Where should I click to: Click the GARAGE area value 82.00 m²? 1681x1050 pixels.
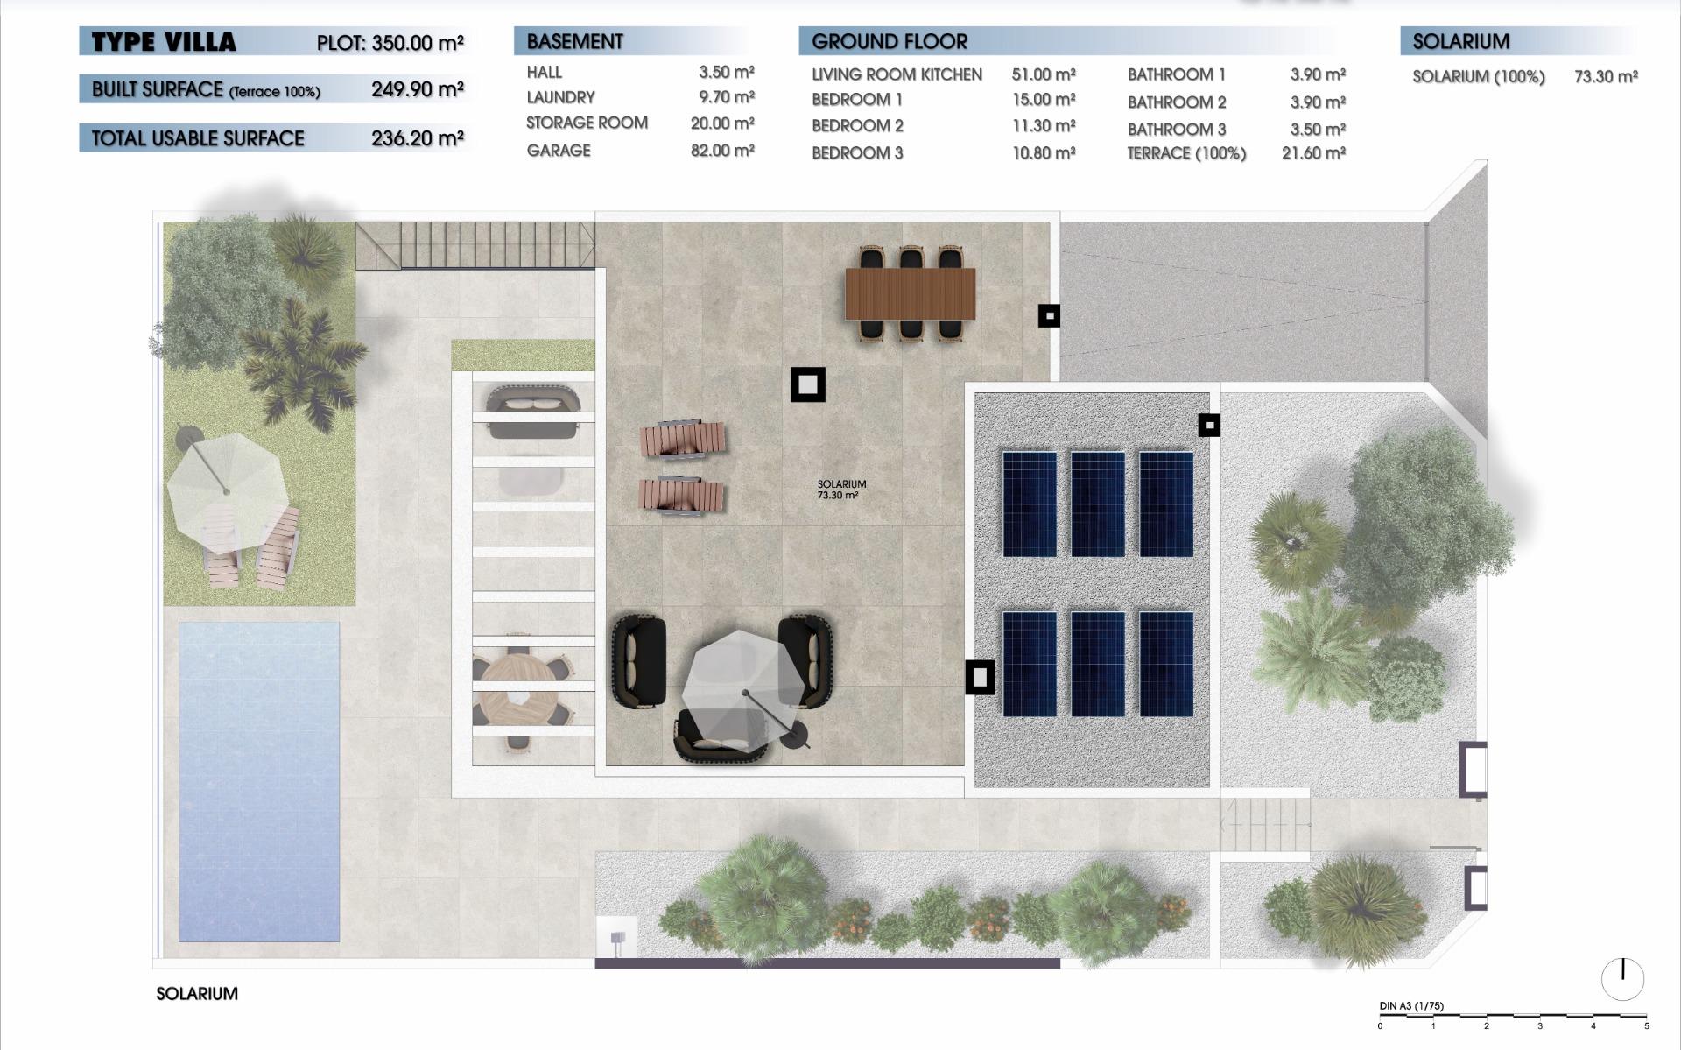(x=721, y=151)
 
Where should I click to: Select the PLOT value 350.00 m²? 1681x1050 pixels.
(x=417, y=43)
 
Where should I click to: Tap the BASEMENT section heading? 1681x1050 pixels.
(x=574, y=41)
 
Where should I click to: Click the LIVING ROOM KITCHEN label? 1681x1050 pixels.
(x=897, y=75)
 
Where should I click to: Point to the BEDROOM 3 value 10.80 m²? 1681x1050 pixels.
(x=1043, y=153)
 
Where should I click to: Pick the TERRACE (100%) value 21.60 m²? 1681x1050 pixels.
(x=1312, y=153)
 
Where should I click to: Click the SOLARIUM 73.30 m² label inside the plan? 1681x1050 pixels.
(x=841, y=490)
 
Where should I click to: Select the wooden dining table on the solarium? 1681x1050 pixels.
(x=910, y=293)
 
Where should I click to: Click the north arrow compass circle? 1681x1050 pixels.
(x=1622, y=978)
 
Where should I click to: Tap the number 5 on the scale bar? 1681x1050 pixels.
(x=1646, y=1026)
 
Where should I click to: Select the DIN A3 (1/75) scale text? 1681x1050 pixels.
(x=1411, y=1006)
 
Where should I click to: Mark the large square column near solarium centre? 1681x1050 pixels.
(x=807, y=384)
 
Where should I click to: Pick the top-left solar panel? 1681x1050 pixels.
(x=1029, y=504)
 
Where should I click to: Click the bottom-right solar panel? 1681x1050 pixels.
(x=1165, y=663)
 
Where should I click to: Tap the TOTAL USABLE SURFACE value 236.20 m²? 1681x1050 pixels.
(x=417, y=138)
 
